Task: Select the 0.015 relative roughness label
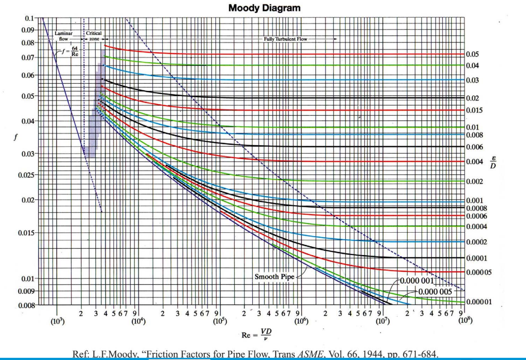pyautogui.click(x=474, y=110)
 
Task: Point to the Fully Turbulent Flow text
pyautogui.click(x=286, y=39)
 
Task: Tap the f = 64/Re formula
pyautogui.click(x=69, y=51)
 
